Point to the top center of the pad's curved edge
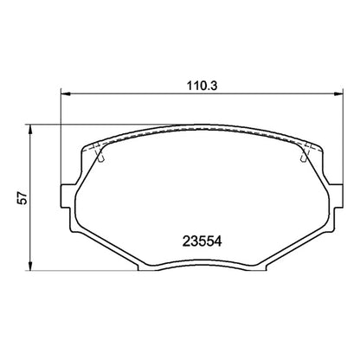click(198, 130)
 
